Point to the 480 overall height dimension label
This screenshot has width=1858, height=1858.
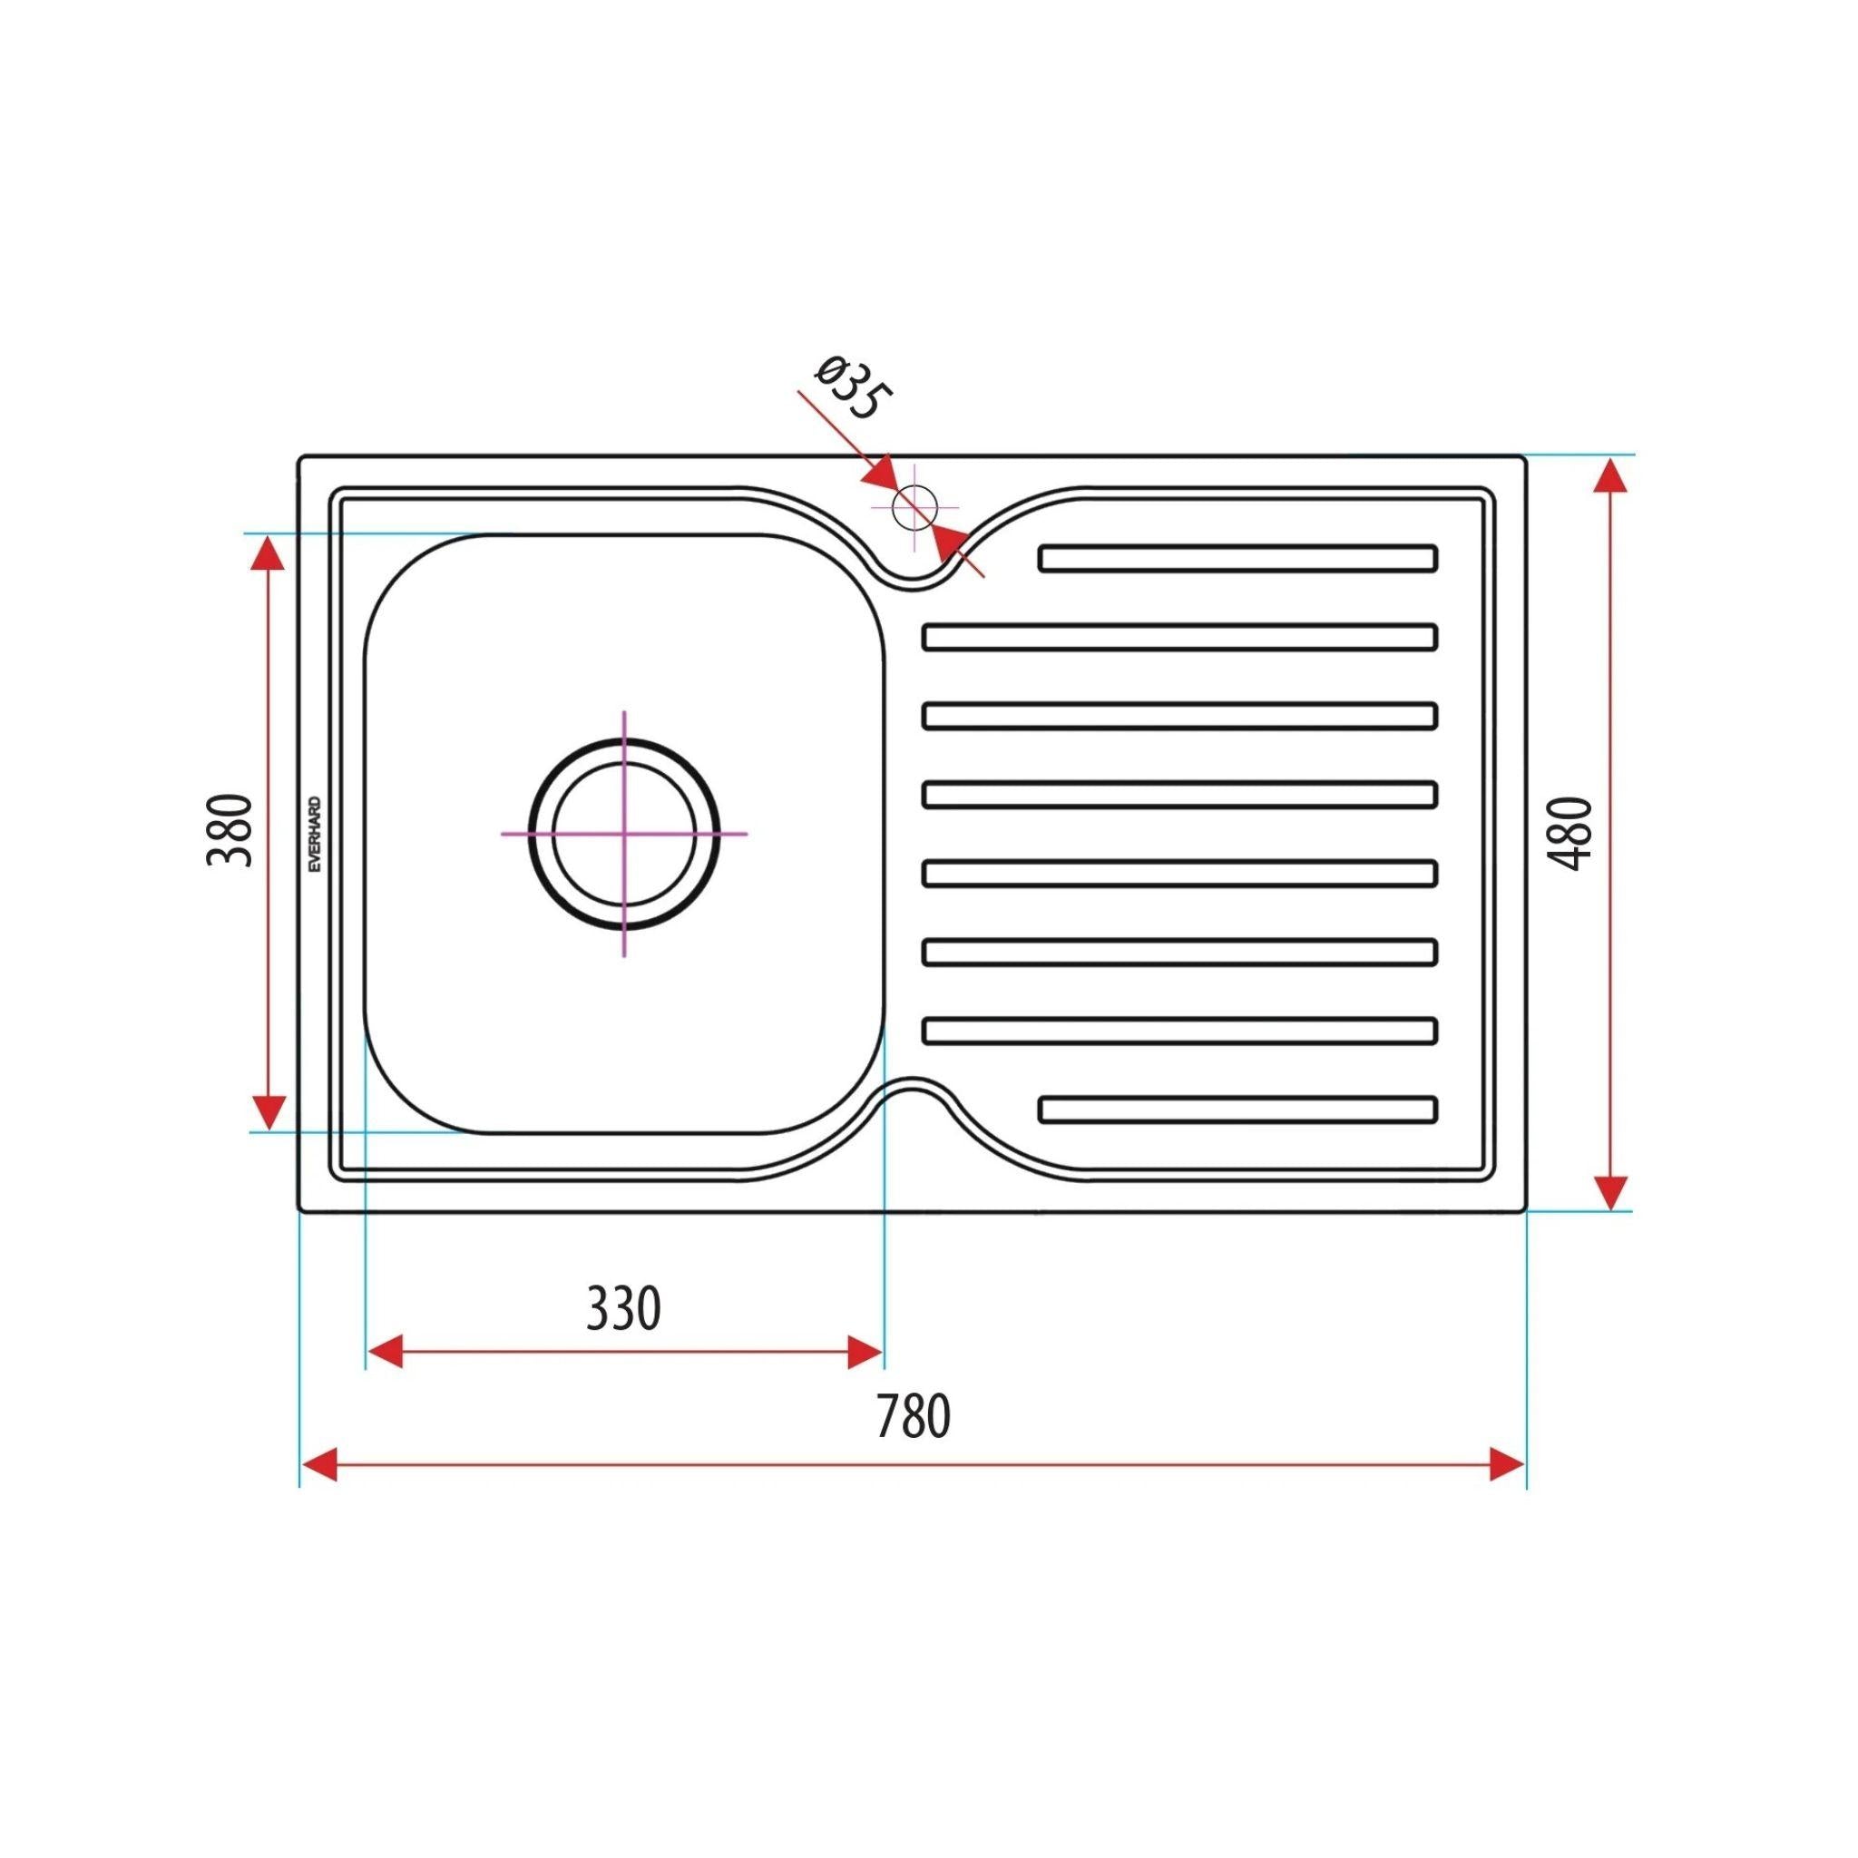1573,833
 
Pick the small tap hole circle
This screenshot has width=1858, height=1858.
914,508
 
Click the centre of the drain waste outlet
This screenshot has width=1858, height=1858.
624,834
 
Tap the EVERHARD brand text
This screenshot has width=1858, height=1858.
316,835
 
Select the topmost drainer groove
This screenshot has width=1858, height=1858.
1238,559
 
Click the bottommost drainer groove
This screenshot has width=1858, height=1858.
1238,1109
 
